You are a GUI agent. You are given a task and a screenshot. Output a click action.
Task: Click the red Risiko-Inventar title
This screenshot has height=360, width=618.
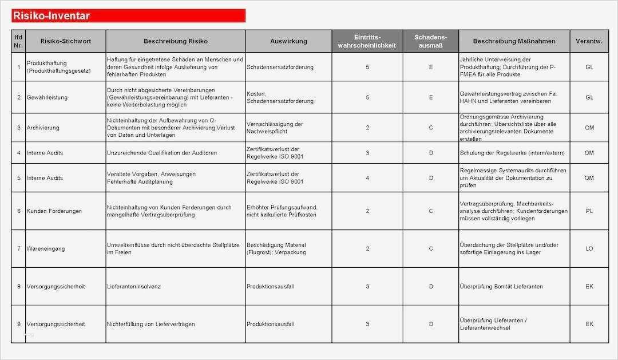(x=51, y=16)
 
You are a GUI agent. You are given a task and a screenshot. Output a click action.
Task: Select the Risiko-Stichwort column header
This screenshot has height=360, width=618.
(x=65, y=41)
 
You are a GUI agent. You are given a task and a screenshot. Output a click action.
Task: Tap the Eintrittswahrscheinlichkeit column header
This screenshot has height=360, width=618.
(x=367, y=41)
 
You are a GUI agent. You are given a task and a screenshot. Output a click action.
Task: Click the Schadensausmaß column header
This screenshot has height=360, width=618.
(x=430, y=41)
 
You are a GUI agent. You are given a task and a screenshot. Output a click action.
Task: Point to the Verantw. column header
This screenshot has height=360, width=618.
(x=589, y=41)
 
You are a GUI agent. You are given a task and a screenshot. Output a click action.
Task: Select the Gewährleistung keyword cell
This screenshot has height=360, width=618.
(x=47, y=97)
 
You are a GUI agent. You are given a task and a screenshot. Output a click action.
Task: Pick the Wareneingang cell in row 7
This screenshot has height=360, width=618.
(x=45, y=249)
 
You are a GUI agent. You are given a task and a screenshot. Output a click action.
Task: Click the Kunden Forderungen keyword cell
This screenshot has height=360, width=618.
(x=54, y=211)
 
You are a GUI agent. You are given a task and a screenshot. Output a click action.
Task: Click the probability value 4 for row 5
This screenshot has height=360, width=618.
(x=367, y=178)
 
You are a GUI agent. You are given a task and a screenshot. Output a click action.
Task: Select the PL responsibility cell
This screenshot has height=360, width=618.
(x=589, y=211)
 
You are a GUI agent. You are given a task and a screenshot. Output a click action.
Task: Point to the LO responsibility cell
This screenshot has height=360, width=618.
(x=589, y=249)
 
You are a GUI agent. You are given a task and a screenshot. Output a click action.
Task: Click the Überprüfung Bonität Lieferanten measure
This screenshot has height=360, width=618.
(x=501, y=286)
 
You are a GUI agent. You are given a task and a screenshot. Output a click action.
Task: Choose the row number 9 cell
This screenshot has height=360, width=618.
(x=19, y=324)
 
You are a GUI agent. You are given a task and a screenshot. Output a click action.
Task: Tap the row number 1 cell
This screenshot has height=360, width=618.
(x=19, y=67)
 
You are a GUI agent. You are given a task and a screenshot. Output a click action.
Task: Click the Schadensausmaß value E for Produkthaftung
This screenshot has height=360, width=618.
(x=431, y=67)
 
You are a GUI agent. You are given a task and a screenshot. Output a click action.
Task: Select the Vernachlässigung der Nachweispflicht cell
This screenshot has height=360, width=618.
(x=275, y=128)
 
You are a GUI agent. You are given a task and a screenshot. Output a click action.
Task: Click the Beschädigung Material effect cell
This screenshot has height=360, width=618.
(x=276, y=249)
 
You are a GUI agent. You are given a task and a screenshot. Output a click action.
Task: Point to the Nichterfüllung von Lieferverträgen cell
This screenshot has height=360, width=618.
(x=150, y=324)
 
